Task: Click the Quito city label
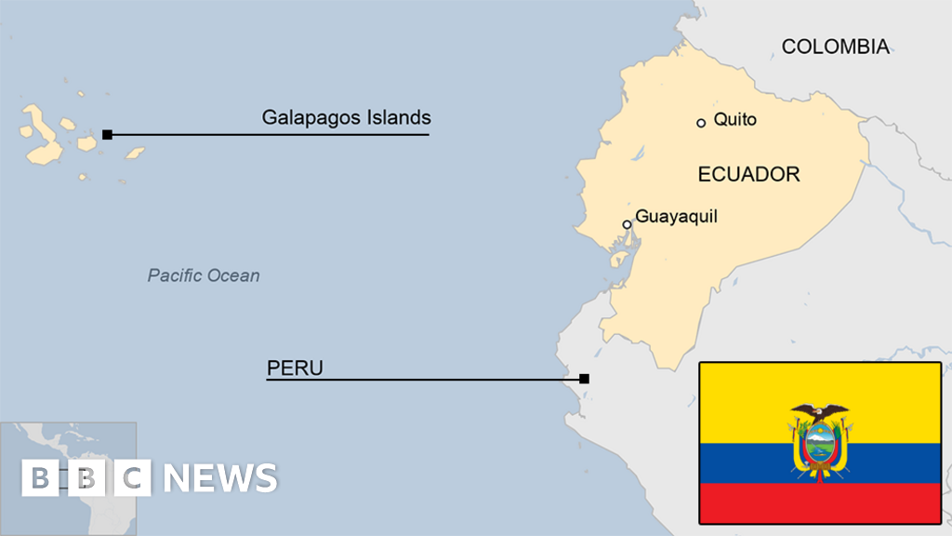point(735,120)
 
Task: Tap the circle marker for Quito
point(701,123)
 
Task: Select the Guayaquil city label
point(676,217)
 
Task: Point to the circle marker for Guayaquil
point(627,224)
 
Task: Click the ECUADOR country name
point(748,174)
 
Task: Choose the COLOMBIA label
point(835,47)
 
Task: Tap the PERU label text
point(295,368)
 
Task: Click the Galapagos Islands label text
point(346,117)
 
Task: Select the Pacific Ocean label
point(204,275)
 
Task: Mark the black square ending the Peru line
point(584,379)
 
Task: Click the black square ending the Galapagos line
point(107,135)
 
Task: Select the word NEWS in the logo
point(220,478)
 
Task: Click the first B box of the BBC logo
point(40,478)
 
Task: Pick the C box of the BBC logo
point(133,478)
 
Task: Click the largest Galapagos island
point(40,135)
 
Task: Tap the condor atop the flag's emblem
point(819,411)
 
